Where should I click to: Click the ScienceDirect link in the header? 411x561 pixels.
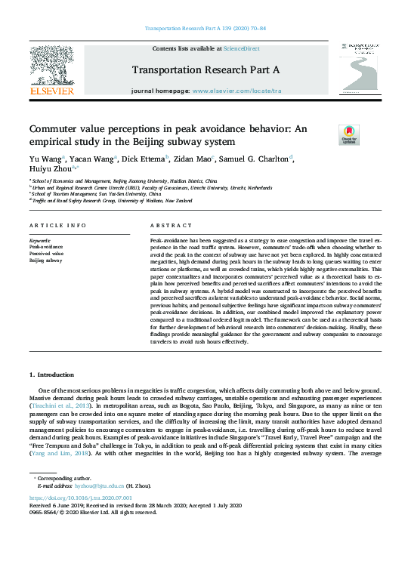tap(243, 48)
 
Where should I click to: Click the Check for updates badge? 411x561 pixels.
tap(349, 134)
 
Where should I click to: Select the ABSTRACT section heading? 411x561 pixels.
tap(166, 226)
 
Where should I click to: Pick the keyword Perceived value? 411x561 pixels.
tap(45, 253)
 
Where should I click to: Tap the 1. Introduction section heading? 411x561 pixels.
tap(52, 375)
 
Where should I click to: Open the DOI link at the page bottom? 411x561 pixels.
tap(79, 499)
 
